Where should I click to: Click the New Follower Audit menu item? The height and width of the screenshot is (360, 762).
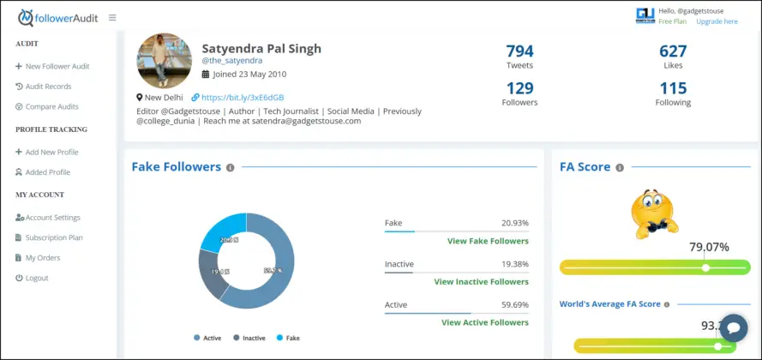pos(57,66)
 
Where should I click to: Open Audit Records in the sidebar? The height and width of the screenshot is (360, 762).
pos(48,87)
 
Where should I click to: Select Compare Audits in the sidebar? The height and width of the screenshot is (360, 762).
pos(51,107)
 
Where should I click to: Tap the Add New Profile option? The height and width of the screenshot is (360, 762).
pos(51,152)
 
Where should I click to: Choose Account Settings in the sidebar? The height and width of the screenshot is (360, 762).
pos(52,218)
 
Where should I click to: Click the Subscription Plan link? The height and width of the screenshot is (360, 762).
pos(53,237)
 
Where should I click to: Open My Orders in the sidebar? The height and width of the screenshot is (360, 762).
pos(43,258)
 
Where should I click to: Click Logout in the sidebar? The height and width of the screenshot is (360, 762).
pos(37,279)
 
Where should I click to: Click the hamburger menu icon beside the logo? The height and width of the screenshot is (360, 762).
pos(112,17)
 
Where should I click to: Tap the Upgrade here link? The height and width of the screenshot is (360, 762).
pos(717,21)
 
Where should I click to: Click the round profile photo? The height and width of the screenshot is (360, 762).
pos(164,61)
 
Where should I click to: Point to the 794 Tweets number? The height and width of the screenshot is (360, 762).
pos(519,51)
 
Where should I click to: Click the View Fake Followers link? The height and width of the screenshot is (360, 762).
pos(487,242)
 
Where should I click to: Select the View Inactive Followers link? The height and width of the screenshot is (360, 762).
pos(481,282)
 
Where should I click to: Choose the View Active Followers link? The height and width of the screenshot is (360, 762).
pos(484,322)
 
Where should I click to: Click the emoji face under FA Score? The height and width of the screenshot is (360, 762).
pos(654,213)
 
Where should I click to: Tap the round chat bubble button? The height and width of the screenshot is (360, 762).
pos(734,328)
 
